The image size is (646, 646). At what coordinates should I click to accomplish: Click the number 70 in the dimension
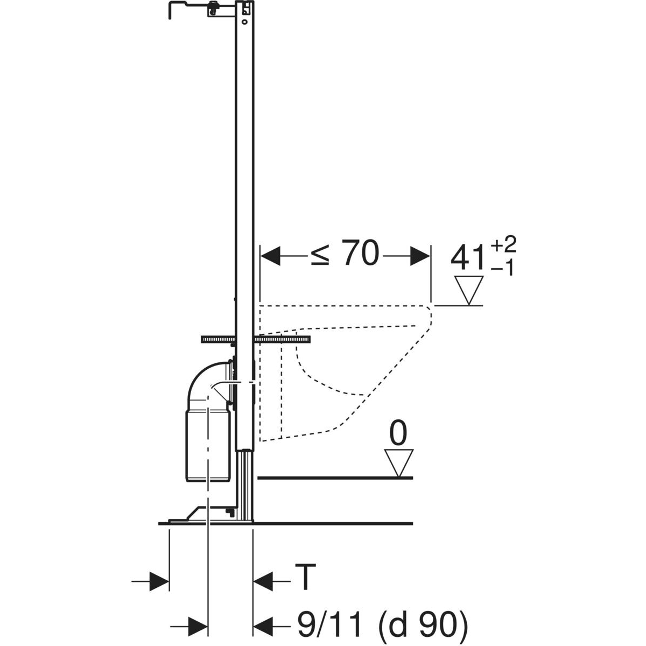coord(360,254)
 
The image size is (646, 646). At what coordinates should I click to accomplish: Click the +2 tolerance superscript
coord(504,245)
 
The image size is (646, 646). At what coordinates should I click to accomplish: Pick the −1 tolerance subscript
coord(502,268)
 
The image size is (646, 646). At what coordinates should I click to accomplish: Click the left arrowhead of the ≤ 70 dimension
coord(270,256)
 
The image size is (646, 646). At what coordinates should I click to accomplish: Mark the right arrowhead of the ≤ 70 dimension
coord(420,256)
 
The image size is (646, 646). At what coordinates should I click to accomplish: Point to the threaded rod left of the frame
coord(218,340)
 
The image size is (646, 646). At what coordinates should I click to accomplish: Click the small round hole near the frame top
coord(244,22)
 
